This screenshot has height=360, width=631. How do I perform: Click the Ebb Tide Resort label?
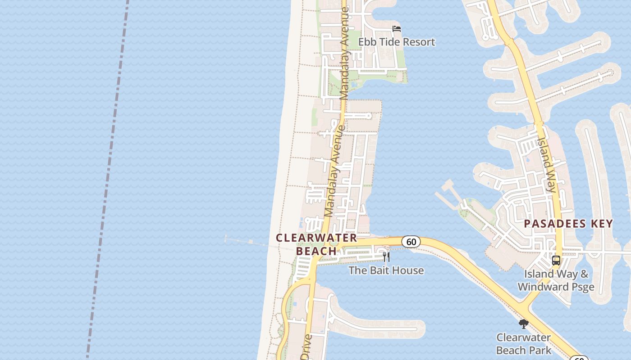[397, 42]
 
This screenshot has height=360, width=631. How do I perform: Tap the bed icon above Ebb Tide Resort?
[397, 29]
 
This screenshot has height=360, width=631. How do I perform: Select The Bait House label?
[386, 270]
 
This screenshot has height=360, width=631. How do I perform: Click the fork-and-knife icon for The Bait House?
[386, 257]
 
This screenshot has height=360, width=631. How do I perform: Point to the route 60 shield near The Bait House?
[411, 242]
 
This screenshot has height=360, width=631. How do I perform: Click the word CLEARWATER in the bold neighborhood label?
[316, 238]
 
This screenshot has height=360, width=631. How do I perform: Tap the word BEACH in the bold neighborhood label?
[316, 251]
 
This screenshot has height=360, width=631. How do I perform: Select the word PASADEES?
[554, 224]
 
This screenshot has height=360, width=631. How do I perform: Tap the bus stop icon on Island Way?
[556, 260]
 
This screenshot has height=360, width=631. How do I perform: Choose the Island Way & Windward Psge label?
[556, 280]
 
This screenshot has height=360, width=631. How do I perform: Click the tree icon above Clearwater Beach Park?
[523, 324]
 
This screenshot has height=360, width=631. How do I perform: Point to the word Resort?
[418, 42]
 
